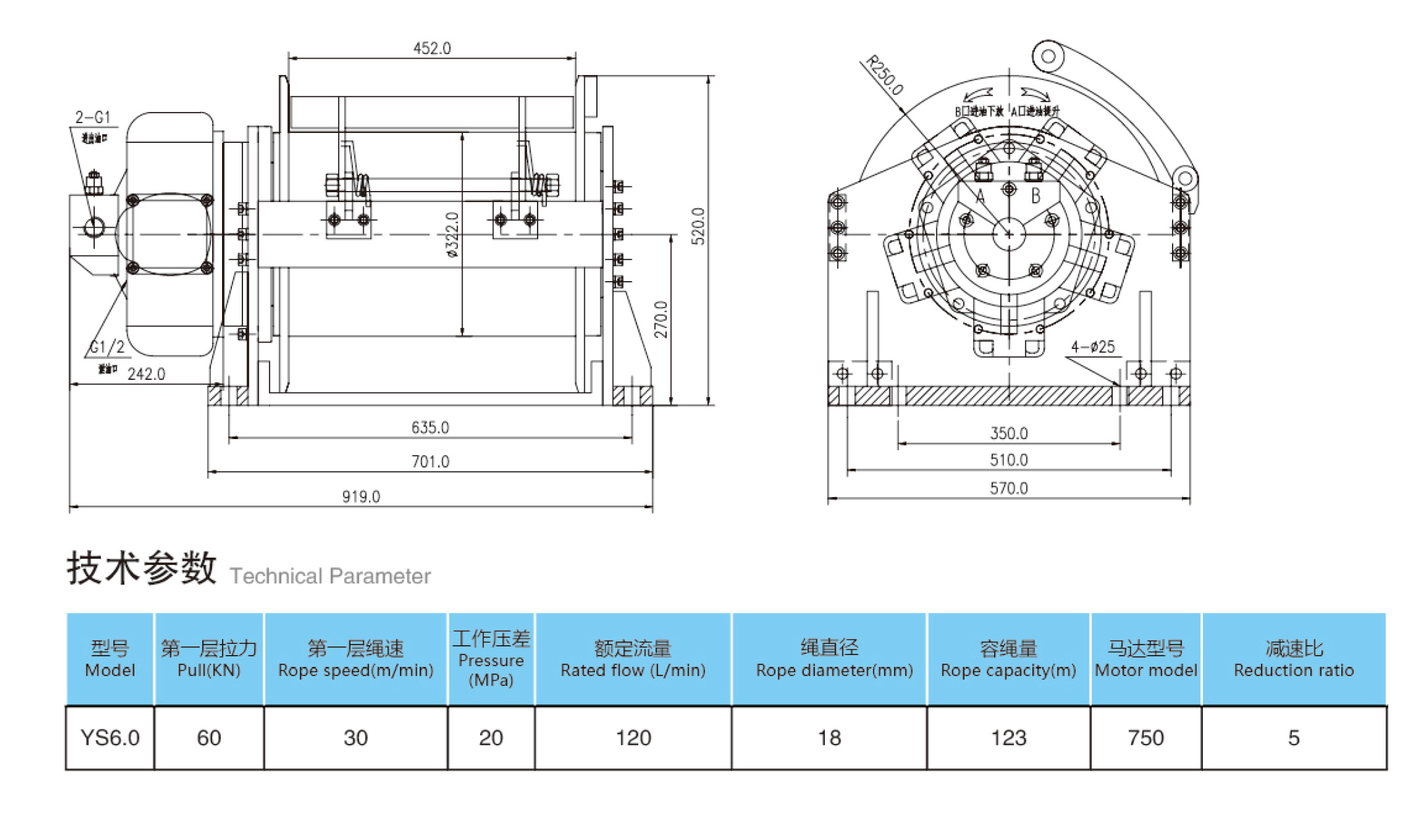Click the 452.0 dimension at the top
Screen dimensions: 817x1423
click(432, 49)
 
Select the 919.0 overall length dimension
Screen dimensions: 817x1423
click(361, 496)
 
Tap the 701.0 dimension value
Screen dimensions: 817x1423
click(430, 461)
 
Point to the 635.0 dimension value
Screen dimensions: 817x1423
click(430, 427)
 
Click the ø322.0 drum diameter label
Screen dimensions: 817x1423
click(452, 234)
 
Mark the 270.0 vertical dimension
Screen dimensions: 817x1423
click(661, 319)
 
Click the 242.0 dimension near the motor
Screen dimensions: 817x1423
click(146, 374)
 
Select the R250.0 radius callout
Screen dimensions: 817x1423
click(884, 75)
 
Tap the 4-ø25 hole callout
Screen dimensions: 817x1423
click(1093, 347)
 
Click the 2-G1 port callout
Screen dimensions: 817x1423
click(93, 117)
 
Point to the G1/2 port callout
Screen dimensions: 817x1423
click(107, 347)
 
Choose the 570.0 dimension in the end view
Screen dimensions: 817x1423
click(1009, 488)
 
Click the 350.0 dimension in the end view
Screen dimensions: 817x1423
click(1009, 433)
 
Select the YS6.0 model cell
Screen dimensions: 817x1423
click(110, 738)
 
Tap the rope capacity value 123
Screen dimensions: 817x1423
click(1009, 738)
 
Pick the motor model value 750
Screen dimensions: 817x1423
click(1146, 738)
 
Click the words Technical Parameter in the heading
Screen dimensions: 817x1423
click(330, 576)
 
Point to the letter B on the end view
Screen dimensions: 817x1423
click(1036, 196)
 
